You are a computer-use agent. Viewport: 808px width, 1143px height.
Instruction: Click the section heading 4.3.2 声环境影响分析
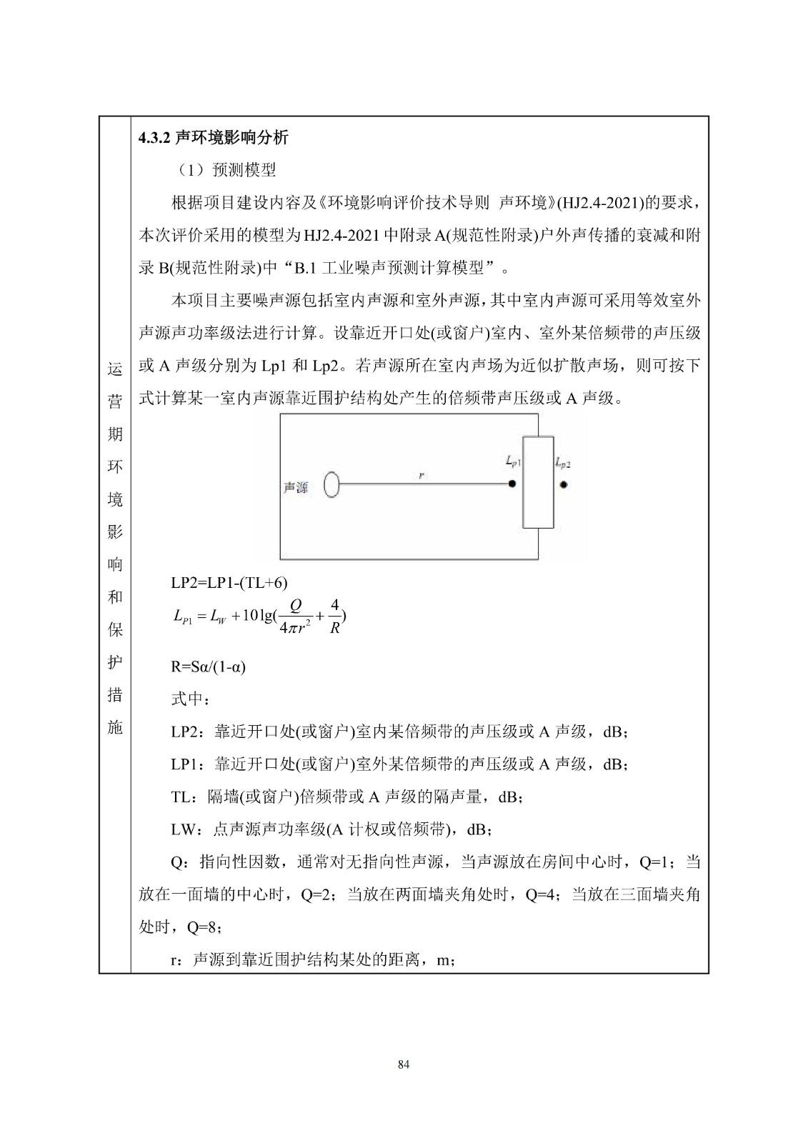[213, 138]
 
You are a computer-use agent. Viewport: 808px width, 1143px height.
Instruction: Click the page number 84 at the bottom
[403, 1064]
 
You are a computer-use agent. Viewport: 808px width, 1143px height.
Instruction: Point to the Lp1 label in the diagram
[513, 463]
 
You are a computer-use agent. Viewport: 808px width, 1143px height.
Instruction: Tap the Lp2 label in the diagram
[563, 464]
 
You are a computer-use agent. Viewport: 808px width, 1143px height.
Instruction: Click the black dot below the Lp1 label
[512, 484]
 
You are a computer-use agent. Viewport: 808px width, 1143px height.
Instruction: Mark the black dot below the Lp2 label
[564, 484]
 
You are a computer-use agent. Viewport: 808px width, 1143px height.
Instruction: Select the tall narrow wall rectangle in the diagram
[538, 481]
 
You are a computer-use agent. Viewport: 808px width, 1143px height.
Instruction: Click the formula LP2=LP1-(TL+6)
[229, 583]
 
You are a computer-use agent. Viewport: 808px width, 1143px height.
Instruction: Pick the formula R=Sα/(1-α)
[208, 667]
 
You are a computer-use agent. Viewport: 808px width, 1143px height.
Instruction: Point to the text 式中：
[188, 699]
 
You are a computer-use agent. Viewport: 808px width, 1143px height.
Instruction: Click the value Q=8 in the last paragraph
[202, 927]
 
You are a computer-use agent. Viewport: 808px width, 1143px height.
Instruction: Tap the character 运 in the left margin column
[114, 369]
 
